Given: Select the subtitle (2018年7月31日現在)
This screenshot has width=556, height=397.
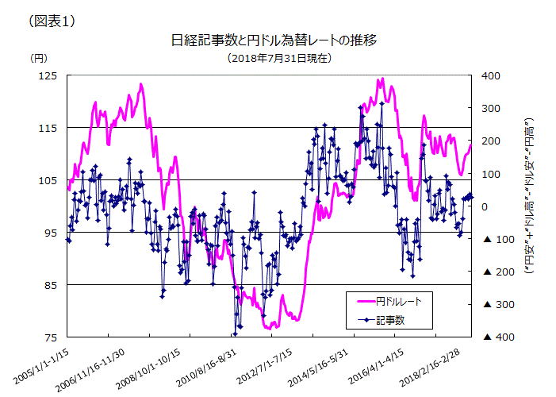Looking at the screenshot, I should point(278,58).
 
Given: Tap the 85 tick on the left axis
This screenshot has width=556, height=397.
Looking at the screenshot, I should point(51,284).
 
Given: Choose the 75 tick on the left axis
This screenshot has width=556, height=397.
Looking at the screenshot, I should point(51,337).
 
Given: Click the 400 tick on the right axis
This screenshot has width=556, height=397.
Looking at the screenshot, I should point(491,75).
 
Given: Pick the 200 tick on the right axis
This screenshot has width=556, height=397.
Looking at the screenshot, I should point(491,141).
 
